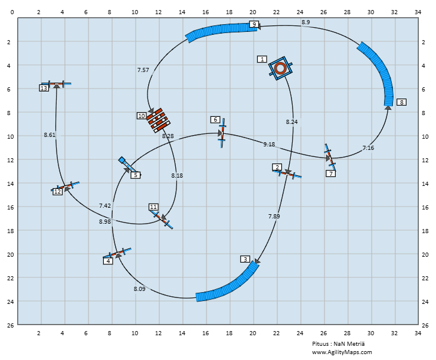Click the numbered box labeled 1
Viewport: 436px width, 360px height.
click(262, 59)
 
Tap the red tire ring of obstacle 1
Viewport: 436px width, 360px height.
click(280, 68)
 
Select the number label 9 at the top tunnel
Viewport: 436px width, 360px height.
click(254, 24)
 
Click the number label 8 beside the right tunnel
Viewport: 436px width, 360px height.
click(401, 102)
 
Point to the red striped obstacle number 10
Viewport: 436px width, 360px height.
click(158, 120)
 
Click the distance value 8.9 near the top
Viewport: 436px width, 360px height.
click(305, 22)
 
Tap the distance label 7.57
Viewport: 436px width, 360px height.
click(143, 70)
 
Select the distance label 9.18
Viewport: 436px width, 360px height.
click(268, 144)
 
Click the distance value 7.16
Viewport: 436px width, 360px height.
click(368, 148)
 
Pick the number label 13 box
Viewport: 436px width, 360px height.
click(44, 88)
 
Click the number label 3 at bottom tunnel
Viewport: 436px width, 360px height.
click(245, 259)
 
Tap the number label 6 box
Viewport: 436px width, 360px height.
click(215, 120)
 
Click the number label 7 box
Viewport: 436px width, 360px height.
click(331, 174)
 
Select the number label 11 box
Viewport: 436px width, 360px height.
click(153, 207)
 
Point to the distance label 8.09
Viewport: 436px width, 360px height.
click(139, 289)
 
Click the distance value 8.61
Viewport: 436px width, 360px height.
click(50, 135)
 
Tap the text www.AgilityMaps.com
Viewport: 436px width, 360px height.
click(342, 352)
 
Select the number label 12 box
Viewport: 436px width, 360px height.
click(57, 192)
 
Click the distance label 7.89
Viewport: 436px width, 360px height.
click(274, 217)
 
